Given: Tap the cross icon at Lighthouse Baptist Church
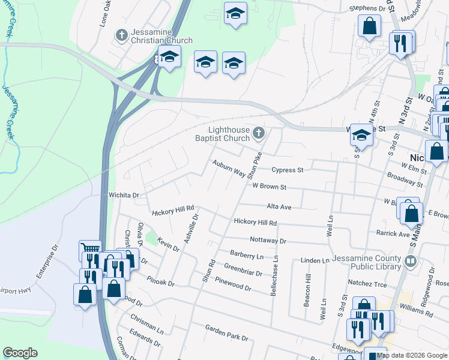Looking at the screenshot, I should (x=259, y=133).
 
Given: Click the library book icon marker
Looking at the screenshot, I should (x=411, y=261).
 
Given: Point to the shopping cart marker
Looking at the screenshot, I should (x=91, y=248).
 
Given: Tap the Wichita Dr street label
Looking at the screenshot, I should (x=124, y=195).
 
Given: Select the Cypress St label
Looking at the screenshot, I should (x=288, y=170).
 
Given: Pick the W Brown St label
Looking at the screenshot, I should (x=269, y=187).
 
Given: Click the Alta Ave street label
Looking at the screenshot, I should (x=279, y=207).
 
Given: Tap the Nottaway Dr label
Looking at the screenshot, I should (x=268, y=241).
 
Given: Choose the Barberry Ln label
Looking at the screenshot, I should (x=246, y=255).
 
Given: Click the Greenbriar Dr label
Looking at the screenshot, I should (x=243, y=269).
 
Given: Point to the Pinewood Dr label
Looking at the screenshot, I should (x=233, y=285).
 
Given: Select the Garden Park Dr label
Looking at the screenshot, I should (x=226, y=333).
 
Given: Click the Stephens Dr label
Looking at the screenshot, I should (x=367, y=9).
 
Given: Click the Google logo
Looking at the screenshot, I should (x=20, y=353).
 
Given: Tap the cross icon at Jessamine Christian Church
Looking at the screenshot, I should (x=122, y=34).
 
